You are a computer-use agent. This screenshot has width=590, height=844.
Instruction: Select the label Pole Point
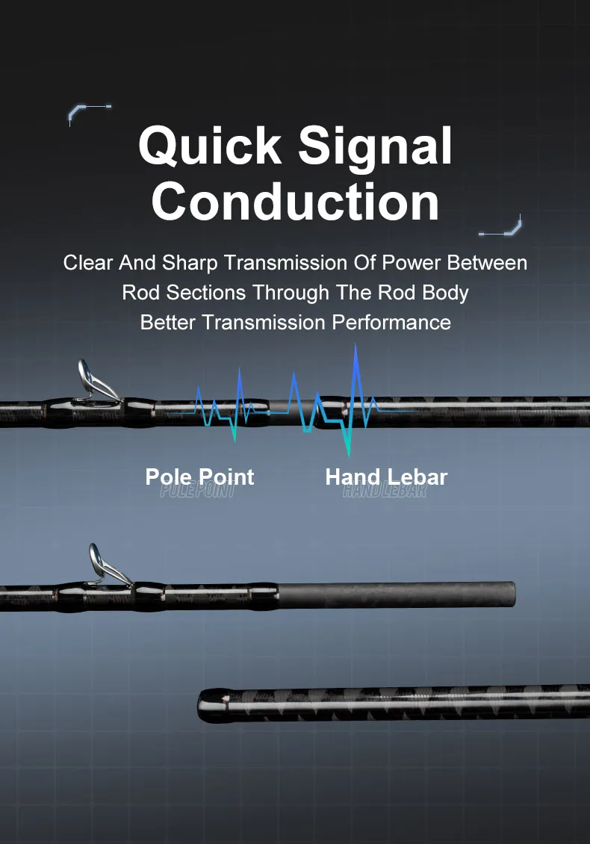[199, 477]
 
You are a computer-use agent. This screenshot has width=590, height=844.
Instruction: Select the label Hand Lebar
[386, 477]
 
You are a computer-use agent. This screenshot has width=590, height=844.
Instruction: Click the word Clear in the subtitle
[87, 263]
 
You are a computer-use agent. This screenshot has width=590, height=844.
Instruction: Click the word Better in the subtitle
[169, 323]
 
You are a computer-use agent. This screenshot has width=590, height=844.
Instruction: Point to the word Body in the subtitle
[445, 293]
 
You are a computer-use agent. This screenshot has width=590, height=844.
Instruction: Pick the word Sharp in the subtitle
[190, 263]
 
